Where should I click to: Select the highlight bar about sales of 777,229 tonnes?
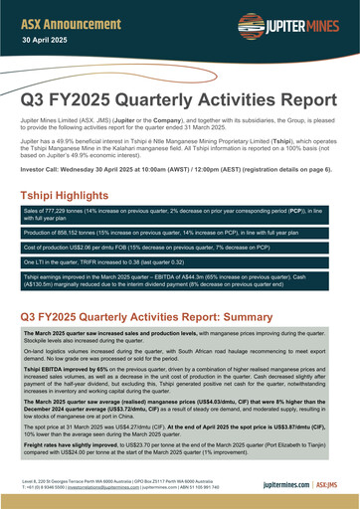tap(179, 190)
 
